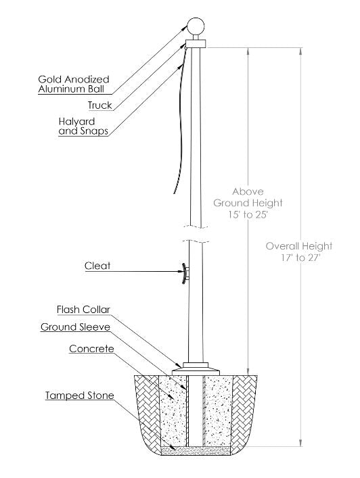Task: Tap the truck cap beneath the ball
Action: coord(195,44)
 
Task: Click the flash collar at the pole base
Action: coord(196,370)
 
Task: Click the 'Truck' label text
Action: coord(99,105)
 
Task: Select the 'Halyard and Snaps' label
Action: coord(83,126)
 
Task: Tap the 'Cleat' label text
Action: coord(97,266)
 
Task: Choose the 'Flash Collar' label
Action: coord(83,310)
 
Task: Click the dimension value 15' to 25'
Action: coord(248,214)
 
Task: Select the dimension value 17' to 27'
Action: coord(298,258)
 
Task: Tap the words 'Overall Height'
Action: coord(298,246)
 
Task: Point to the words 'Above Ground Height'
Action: coord(248,197)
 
